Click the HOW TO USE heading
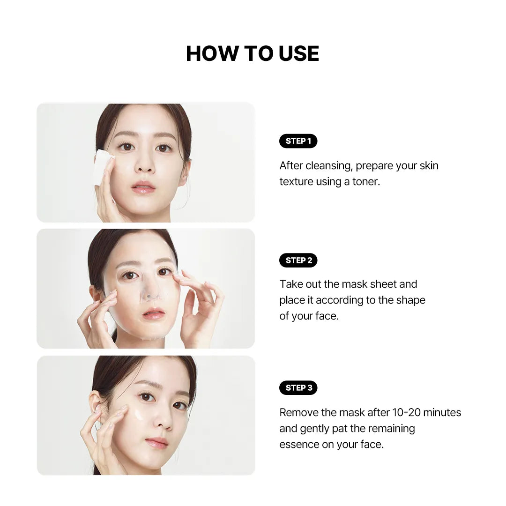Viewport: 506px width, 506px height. click(253, 53)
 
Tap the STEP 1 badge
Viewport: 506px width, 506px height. click(298, 141)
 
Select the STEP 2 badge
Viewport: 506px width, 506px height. click(298, 260)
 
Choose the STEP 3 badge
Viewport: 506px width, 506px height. click(298, 387)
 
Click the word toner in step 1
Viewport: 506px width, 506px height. click(366, 182)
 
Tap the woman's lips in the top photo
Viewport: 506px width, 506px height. click(143, 187)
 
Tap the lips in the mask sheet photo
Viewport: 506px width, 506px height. click(153, 313)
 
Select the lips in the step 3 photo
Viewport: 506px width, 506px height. click(157, 442)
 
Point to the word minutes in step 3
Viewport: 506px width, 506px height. click(442, 412)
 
